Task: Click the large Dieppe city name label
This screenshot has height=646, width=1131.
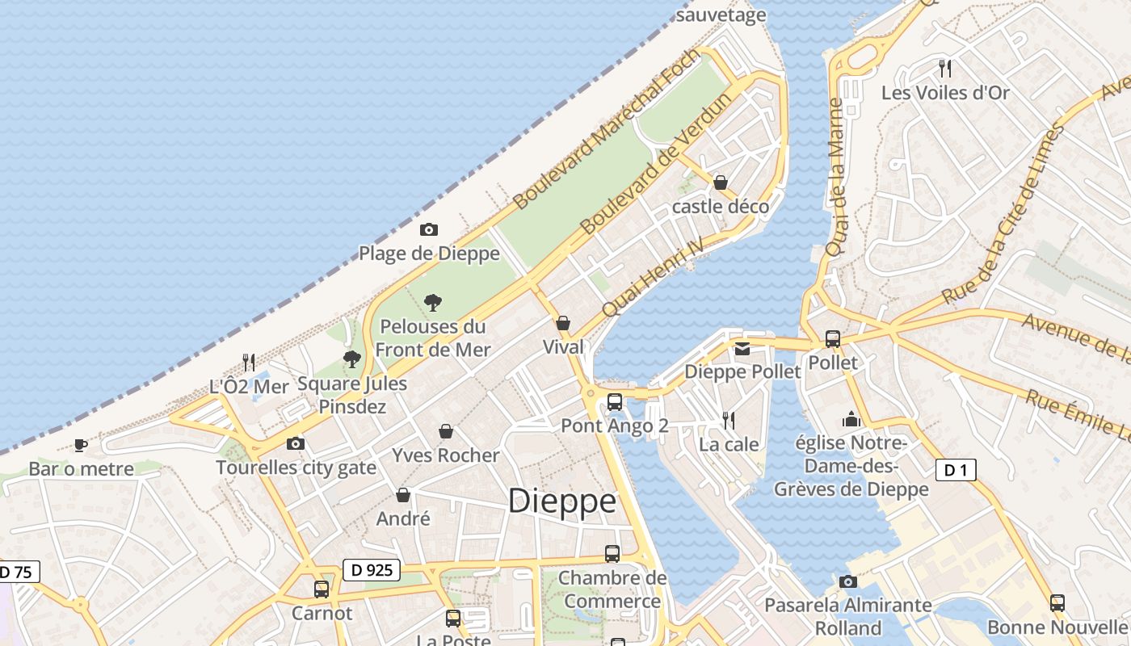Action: [x=562, y=501]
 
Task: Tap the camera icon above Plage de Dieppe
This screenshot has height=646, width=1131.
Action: [x=429, y=230]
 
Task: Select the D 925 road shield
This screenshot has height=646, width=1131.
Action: [x=372, y=570]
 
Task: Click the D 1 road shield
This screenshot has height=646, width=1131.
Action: [x=956, y=469]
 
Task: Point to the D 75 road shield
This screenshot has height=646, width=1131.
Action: [x=16, y=573]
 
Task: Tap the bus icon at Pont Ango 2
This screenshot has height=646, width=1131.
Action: [x=615, y=401]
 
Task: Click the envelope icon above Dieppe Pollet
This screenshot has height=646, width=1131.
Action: [x=742, y=349]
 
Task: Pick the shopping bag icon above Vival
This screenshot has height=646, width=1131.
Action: [x=563, y=323]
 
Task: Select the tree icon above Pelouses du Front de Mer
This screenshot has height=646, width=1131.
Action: [x=433, y=303]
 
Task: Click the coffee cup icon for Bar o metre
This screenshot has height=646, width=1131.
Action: [x=81, y=445]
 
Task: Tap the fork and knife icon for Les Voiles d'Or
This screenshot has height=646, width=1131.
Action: [x=945, y=68]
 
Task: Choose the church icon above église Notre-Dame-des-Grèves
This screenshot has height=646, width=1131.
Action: [x=851, y=419]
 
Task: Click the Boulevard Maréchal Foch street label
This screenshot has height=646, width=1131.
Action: [x=606, y=129]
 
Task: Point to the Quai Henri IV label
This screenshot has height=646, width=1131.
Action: [x=654, y=277]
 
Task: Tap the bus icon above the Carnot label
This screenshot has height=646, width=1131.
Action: [x=322, y=589]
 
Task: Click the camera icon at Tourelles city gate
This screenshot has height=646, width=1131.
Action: [x=296, y=443]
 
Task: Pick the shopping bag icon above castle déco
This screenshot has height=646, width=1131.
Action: [x=721, y=182]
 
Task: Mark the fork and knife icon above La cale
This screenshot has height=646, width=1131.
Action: [x=729, y=420]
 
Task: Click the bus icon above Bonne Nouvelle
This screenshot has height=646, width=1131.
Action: [x=1057, y=602]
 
